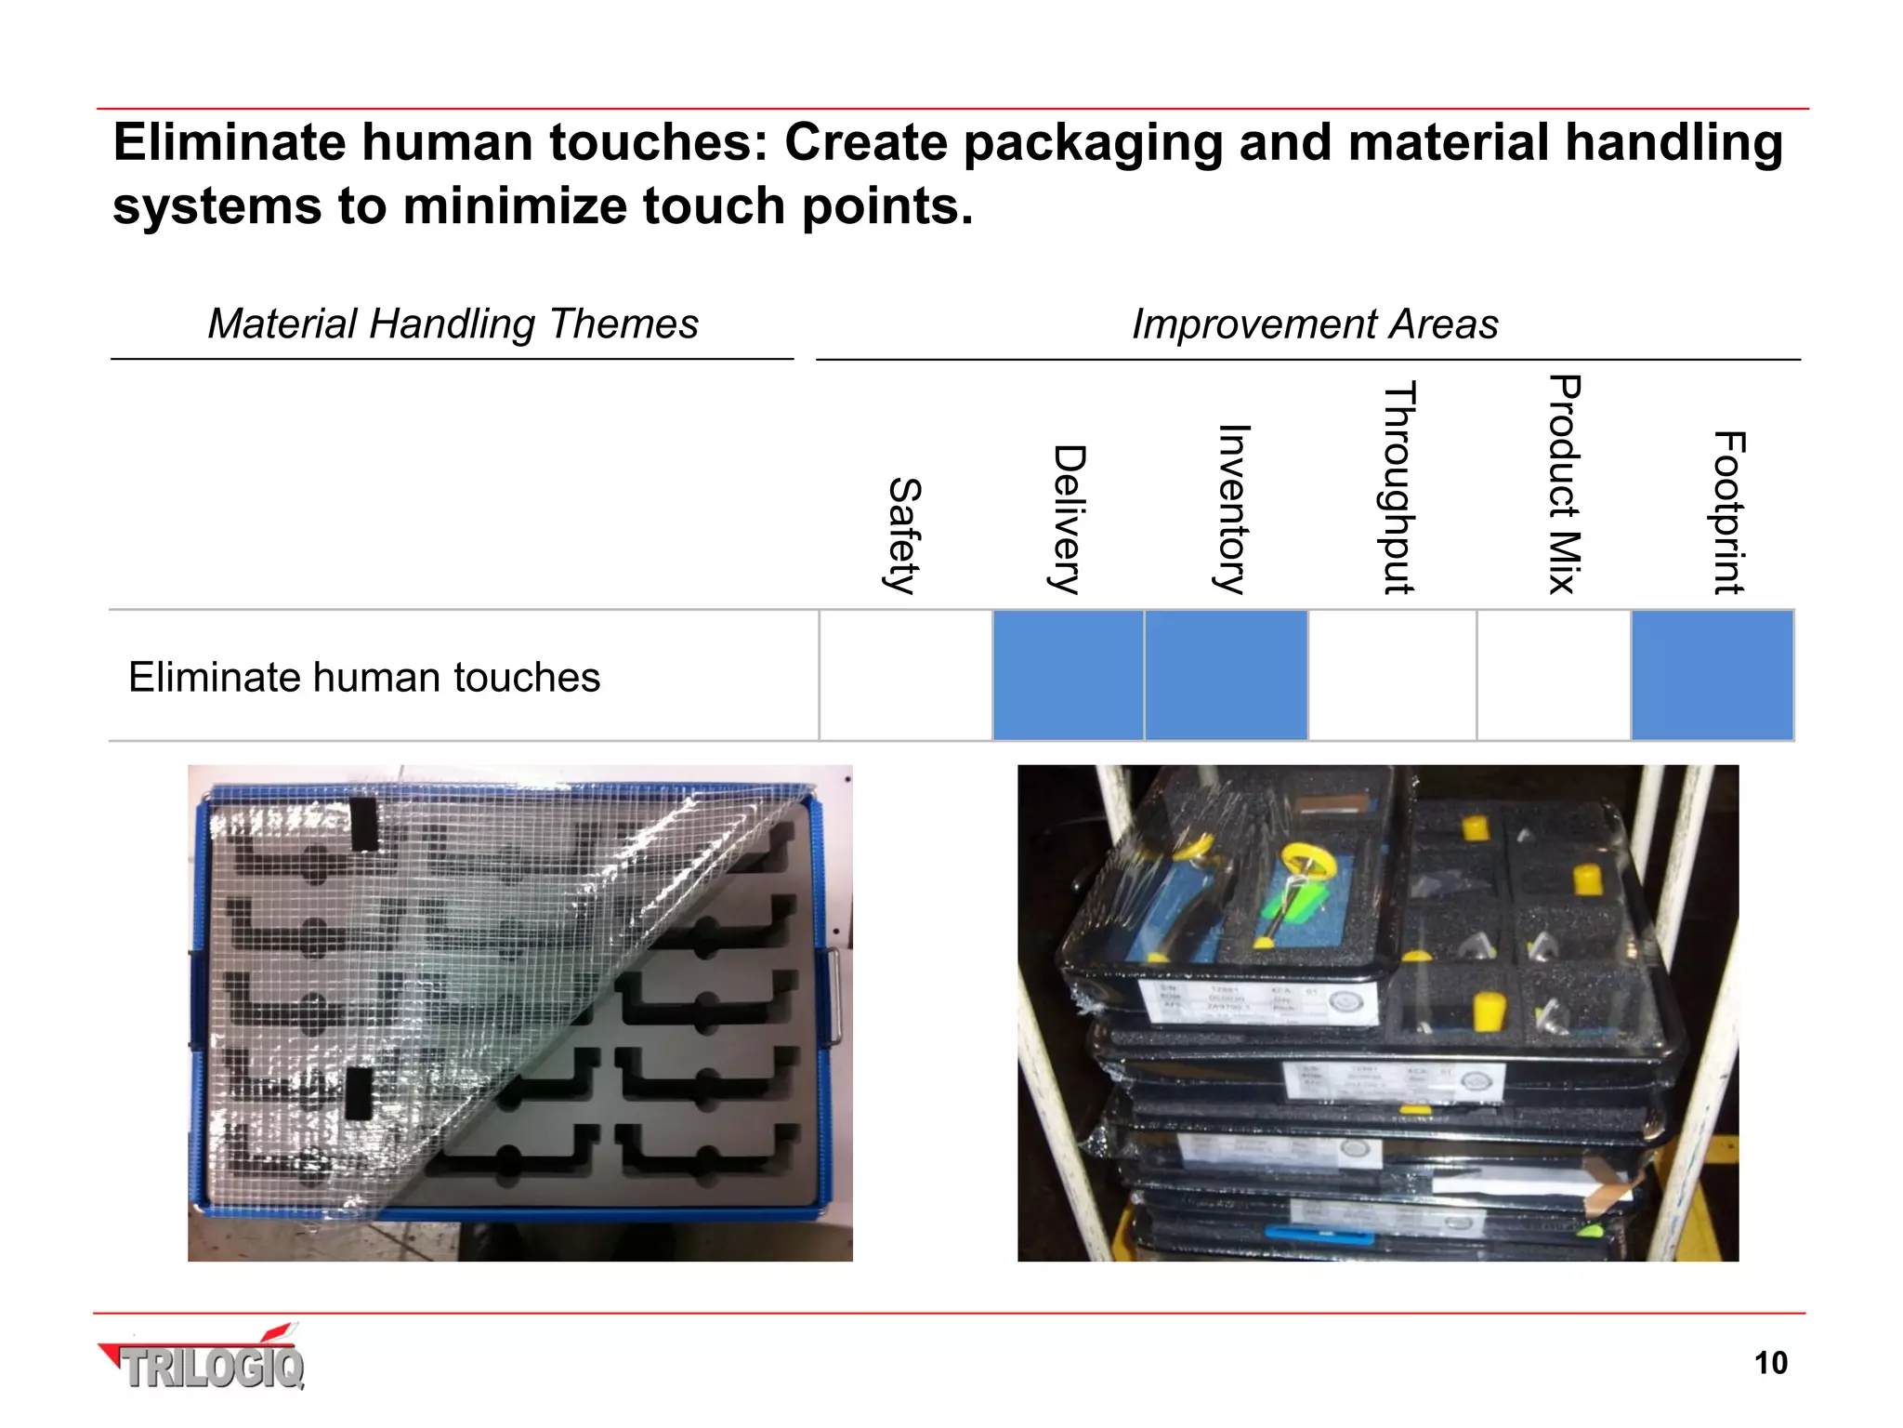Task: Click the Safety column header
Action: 903,535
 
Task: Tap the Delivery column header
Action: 1069,519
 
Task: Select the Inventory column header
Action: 1233,509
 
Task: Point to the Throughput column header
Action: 1398,486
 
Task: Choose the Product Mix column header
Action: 1564,483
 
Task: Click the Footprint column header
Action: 1729,512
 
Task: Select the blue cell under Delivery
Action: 1068,675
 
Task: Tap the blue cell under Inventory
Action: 1226,675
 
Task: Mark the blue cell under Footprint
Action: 1712,675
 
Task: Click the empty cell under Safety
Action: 906,675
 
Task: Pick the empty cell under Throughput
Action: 1392,675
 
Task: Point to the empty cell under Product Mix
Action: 1554,675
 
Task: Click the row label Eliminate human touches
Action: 364,677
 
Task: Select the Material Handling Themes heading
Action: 453,324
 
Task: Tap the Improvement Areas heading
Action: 1314,324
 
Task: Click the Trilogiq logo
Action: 204,1361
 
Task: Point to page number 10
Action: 1770,1363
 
